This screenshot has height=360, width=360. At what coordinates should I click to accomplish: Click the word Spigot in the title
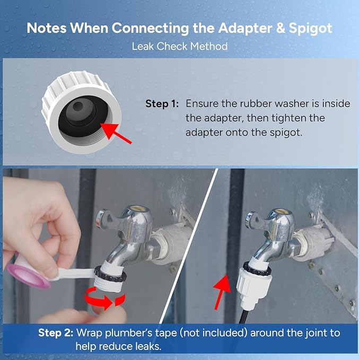click(x=310, y=29)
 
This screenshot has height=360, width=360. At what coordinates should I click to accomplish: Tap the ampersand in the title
click(x=280, y=28)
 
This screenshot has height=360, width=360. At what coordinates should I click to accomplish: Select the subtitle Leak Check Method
click(x=180, y=46)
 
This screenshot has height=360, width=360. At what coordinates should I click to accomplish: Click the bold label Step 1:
click(x=162, y=104)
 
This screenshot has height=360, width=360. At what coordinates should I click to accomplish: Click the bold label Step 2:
click(x=56, y=333)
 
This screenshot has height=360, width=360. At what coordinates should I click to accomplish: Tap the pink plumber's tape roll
click(x=29, y=276)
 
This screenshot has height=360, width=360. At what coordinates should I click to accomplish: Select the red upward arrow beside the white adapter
click(x=222, y=292)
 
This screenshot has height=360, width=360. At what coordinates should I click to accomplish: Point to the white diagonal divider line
click(x=189, y=246)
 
